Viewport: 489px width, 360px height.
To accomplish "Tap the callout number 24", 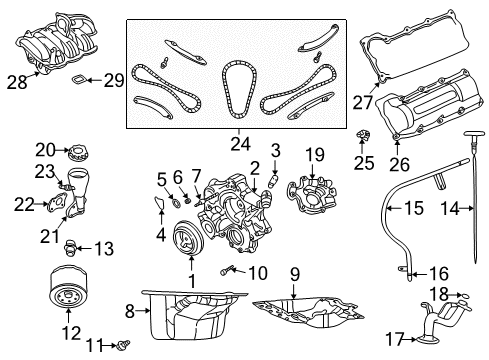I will click(x=238, y=143).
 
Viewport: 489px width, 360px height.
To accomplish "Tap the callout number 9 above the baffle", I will click(x=294, y=273).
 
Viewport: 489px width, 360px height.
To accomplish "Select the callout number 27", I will click(x=361, y=102).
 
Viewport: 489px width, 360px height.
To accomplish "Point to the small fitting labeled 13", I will click(x=72, y=245).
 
